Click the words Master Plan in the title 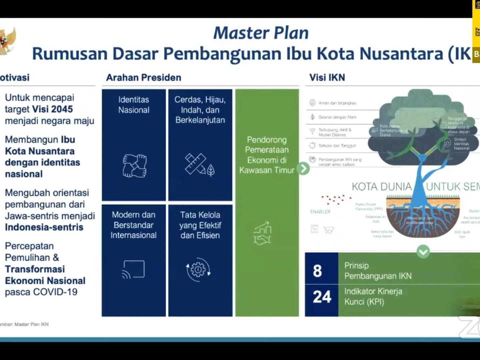coord(261,33)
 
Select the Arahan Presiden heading coord(144,78)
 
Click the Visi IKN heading coord(327,78)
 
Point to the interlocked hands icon coord(134,166)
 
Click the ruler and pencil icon coord(199,164)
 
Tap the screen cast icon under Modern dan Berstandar coord(133,269)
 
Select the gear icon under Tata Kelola coord(198,269)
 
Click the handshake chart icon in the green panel coord(263,233)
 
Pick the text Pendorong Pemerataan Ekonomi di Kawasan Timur coord(267,155)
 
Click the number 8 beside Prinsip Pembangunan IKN coord(317,271)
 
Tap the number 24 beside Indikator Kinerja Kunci coord(322,297)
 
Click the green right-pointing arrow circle coord(303,169)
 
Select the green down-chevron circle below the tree coord(423,251)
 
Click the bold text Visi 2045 coord(52,109)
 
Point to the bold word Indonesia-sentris coord(44,227)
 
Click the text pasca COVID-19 coord(41,292)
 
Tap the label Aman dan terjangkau coord(337,103)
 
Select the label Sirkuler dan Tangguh coord(337,146)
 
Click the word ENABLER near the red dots coord(320,212)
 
